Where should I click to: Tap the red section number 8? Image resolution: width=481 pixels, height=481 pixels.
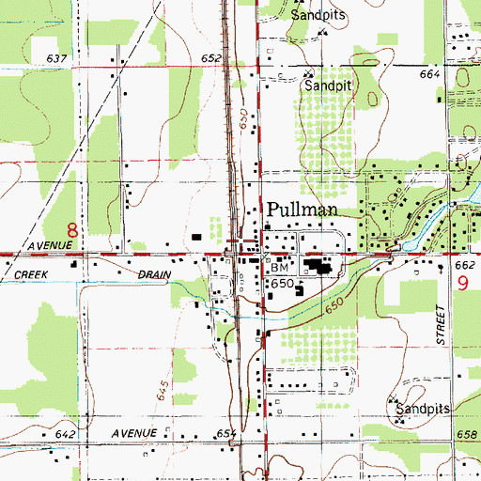click(72, 228)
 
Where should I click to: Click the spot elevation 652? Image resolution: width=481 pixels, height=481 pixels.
click(210, 58)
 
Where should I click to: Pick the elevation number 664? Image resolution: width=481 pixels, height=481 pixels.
click(430, 73)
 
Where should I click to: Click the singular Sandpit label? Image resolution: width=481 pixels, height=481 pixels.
click(333, 84)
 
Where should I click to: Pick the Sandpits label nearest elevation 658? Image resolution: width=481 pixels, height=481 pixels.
click(422, 411)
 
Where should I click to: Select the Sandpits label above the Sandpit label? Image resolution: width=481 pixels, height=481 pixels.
click(318, 16)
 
